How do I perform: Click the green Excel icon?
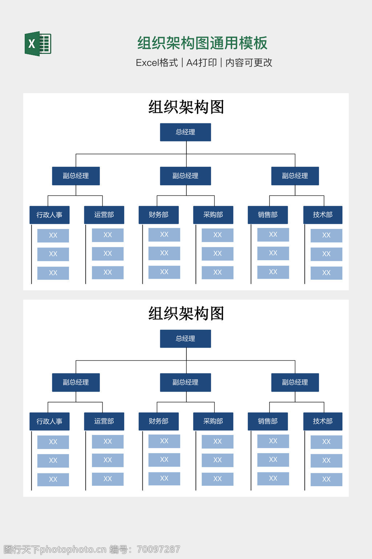38,44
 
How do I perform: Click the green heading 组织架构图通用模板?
202,43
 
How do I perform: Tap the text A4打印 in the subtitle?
201,63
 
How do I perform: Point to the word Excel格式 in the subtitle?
157,63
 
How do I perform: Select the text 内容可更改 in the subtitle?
249,63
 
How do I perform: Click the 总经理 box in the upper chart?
185,132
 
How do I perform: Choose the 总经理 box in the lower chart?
185,338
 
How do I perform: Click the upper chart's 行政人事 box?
49,215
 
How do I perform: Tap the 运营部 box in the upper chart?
104,215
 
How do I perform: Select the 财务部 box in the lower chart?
158,421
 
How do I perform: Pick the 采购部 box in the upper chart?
213,215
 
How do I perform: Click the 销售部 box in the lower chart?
268,421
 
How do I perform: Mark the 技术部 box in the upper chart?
323,215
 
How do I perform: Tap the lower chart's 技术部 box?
323,421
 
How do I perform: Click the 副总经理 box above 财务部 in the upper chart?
185,176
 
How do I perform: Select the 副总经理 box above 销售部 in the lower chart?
295,382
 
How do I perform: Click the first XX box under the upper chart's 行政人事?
53,235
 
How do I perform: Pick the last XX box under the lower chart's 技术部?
326,479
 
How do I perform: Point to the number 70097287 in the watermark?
158,549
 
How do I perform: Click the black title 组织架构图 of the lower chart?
186,313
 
